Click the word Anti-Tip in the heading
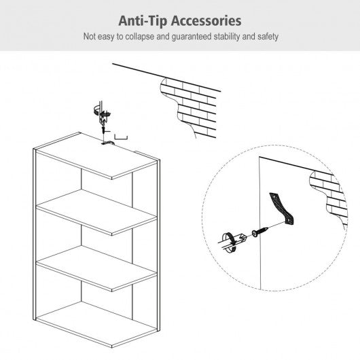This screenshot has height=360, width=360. [143, 21]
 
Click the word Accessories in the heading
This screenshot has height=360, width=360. [206, 21]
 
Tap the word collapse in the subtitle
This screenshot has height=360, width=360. [140, 37]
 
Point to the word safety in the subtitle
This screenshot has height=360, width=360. [268, 37]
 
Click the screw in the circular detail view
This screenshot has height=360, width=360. [260, 232]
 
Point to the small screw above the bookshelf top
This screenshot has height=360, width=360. [103, 130]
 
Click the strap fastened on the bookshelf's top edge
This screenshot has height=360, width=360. [108, 143]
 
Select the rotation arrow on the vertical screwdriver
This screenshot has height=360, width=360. [102, 112]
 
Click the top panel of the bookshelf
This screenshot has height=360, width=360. [96, 156]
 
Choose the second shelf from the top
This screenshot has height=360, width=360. [96, 213]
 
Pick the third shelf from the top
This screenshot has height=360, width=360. [96, 268]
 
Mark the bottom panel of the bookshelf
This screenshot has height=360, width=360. [96, 325]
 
